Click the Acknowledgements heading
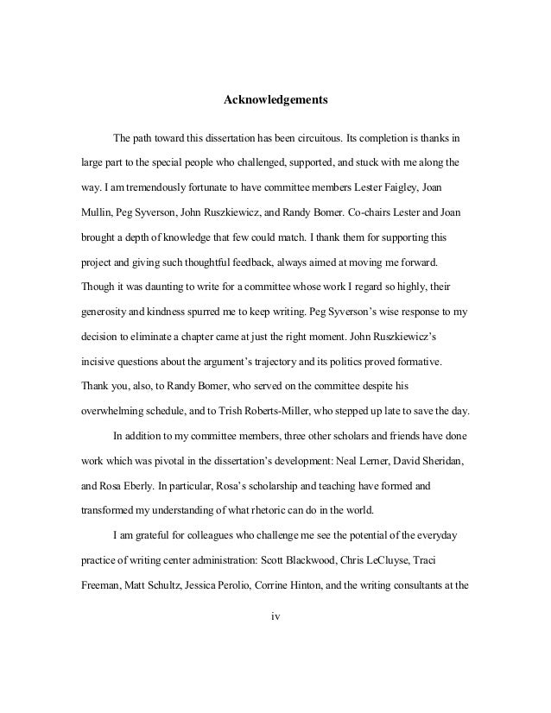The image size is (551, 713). tap(275, 101)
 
